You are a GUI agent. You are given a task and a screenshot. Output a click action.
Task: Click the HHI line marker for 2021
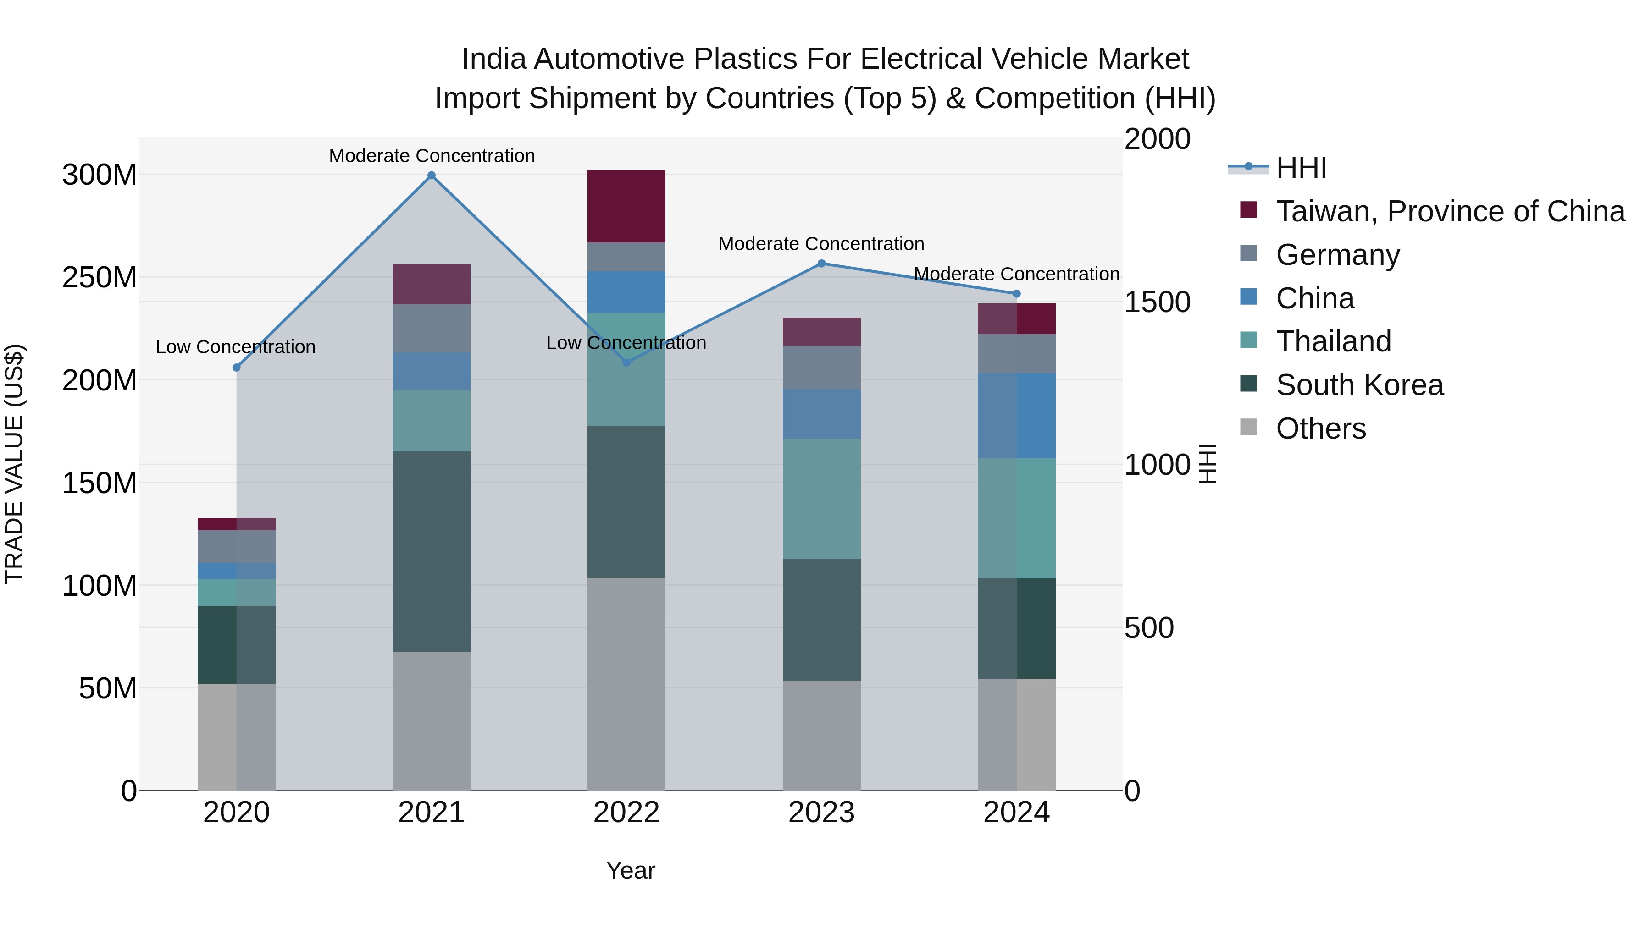(432, 176)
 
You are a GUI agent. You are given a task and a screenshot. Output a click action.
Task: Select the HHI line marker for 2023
(821, 263)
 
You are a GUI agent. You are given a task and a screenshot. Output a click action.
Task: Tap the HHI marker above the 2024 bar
(1016, 294)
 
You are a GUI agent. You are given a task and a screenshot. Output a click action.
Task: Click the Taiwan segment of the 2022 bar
(626, 206)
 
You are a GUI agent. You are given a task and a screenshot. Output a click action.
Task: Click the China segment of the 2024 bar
(1016, 416)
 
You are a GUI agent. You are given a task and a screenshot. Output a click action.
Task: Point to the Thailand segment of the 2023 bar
(821, 498)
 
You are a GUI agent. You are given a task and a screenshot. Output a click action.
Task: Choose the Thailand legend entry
(1333, 341)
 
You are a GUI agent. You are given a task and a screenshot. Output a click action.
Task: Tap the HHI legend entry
(1301, 168)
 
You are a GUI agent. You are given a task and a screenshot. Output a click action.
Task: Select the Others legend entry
(1320, 428)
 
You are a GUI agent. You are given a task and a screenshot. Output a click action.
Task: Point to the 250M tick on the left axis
(100, 277)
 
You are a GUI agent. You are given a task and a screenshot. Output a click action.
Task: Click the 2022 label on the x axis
(626, 813)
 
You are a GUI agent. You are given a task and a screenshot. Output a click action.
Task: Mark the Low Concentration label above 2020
(235, 347)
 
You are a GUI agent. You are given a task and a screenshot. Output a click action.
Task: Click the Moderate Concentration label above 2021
(432, 156)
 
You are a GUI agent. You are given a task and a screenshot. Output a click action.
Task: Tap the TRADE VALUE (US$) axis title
(14, 464)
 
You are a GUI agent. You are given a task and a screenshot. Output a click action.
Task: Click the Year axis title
(630, 870)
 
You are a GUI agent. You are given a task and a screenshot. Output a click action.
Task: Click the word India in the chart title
(493, 59)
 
